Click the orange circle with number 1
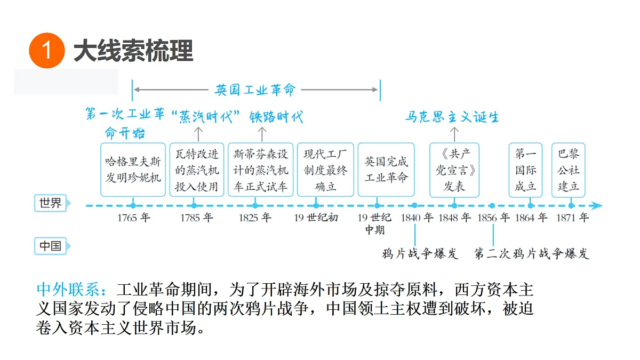click(x=47, y=50)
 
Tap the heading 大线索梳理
click(x=133, y=51)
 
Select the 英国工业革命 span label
click(x=255, y=90)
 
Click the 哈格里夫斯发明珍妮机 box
click(x=133, y=170)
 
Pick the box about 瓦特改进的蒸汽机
click(x=197, y=170)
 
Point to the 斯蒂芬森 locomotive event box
click(x=261, y=170)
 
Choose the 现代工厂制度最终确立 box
click(x=325, y=170)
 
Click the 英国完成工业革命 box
click(x=386, y=170)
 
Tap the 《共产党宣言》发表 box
click(x=454, y=170)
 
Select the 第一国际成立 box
click(x=525, y=170)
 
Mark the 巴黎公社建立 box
click(x=569, y=170)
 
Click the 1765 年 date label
click(x=133, y=218)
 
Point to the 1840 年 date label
click(x=417, y=218)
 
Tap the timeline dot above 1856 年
click(x=492, y=205)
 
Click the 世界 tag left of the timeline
click(x=51, y=203)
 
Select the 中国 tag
click(x=51, y=246)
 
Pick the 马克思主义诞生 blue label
click(x=452, y=117)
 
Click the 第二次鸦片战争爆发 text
click(x=532, y=253)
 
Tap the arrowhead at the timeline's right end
click(x=597, y=205)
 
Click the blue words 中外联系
click(x=68, y=290)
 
